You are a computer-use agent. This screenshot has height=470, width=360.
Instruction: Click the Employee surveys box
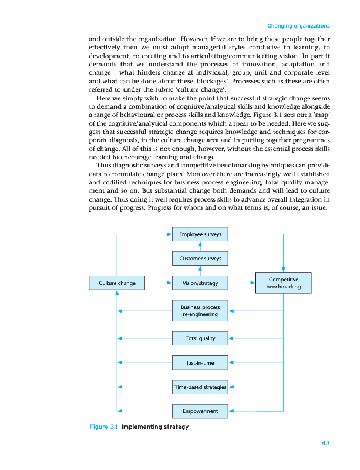click(x=200, y=234)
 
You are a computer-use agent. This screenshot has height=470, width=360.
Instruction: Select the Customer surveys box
click(x=200, y=258)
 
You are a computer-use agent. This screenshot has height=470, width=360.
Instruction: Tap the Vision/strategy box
click(x=200, y=283)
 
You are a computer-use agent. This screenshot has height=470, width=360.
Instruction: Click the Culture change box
click(x=117, y=283)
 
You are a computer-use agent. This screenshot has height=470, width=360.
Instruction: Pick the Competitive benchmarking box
click(x=284, y=283)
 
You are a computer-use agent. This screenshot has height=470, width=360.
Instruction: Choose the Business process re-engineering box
click(x=200, y=311)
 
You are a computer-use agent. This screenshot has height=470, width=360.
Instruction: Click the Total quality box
click(x=200, y=338)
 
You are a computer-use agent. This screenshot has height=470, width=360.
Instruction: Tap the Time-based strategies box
click(x=200, y=387)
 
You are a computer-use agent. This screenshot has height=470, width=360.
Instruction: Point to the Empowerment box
click(x=200, y=411)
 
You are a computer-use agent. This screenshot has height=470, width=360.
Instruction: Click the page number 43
click(x=325, y=443)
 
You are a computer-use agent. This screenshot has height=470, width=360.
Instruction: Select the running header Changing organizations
click(x=298, y=26)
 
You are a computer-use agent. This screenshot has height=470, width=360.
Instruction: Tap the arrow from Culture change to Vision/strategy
click(x=158, y=283)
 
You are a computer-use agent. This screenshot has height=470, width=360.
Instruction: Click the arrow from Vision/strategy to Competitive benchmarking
click(x=242, y=283)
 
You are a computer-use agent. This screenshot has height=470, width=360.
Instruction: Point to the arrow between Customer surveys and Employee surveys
click(x=200, y=246)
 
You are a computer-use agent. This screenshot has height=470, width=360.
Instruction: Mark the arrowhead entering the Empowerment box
click(x=231, y=411)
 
